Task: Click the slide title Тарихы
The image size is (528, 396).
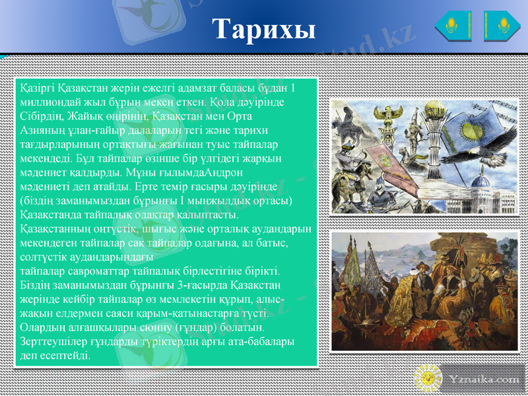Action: click(263, 28)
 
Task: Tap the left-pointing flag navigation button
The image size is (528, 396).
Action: click(453, 26)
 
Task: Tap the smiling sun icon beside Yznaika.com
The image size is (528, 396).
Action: click(428, 378)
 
